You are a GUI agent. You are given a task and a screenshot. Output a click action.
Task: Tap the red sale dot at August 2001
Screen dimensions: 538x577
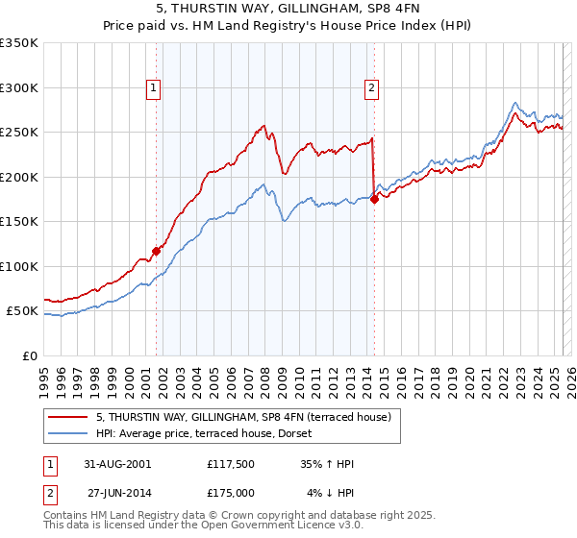[156, 251]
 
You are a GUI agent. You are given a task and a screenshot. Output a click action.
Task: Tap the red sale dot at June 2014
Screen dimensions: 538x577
[374, 199]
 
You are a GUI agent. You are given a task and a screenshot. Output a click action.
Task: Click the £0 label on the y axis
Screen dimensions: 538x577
[27, 355]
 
